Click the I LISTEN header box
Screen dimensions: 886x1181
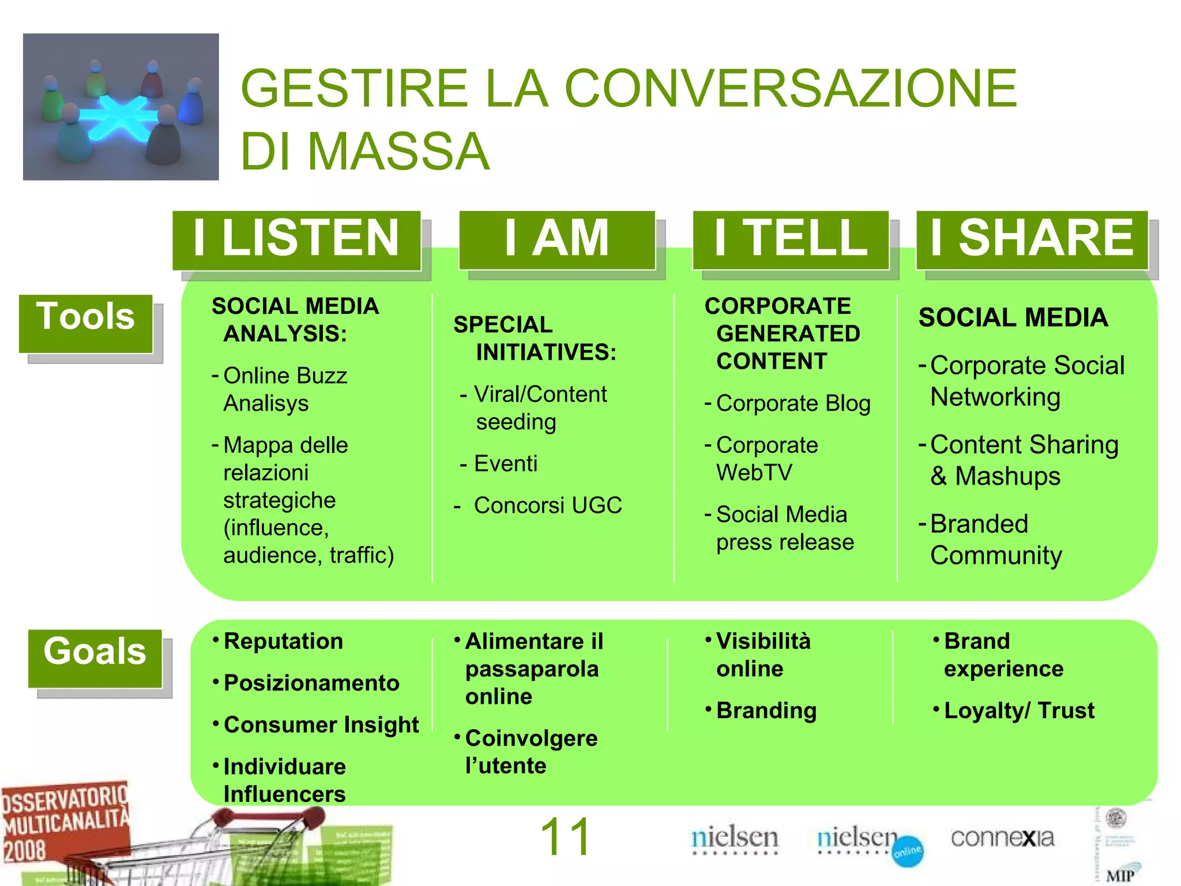[296, 239]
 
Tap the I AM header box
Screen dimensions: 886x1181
[557, 239]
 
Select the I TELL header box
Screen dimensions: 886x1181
[791, 239]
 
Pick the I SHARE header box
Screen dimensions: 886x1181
[1032, 239]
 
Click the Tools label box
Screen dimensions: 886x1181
[85, 323]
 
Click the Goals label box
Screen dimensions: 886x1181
[95, 658]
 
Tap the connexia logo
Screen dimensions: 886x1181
[1002, 838]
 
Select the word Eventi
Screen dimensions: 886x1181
[505, 464]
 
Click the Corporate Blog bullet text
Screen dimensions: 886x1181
[793, 403]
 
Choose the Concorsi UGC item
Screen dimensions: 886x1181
[548, 505]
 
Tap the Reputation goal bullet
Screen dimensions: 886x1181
[283, 641]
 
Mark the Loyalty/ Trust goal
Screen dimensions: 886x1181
[1019, 711]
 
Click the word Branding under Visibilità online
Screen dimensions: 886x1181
[766, 711]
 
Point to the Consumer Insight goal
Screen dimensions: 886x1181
[321, 725]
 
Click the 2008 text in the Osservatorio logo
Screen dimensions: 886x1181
[24, 851]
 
